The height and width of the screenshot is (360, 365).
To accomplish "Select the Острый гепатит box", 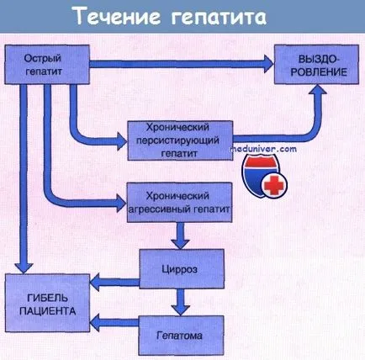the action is point(47,65).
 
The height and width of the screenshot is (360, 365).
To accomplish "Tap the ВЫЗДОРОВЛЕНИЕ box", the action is point(316,64).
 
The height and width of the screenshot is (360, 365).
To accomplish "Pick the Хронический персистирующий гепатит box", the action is point(180,140).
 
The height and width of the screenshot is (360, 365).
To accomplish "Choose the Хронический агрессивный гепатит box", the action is point(180,203).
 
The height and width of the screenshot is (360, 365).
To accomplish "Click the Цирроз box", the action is point(182,269).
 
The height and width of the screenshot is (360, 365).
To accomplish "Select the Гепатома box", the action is point(182,335).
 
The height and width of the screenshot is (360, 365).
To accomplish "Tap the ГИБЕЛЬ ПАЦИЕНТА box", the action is point(47,303).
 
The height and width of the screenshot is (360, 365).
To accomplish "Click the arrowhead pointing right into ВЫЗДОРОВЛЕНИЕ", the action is point(268,64).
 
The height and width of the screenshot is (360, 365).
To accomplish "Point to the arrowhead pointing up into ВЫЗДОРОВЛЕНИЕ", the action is point(317,89).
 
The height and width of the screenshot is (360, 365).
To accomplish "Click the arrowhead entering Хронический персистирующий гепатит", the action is point(123,140).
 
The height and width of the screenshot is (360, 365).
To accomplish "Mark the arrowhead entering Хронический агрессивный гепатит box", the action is point(122,203).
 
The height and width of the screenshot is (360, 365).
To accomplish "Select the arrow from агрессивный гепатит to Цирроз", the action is point(180,236).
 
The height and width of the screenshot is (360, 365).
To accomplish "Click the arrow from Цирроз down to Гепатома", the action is point(181,302).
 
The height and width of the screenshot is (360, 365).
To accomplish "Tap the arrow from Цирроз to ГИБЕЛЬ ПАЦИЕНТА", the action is point(114,282).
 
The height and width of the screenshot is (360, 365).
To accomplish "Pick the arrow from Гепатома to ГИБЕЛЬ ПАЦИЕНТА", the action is point(114,322).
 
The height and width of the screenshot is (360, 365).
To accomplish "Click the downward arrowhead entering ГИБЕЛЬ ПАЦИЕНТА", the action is point(24,268).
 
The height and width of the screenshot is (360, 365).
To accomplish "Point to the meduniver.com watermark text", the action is point(263,149).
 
